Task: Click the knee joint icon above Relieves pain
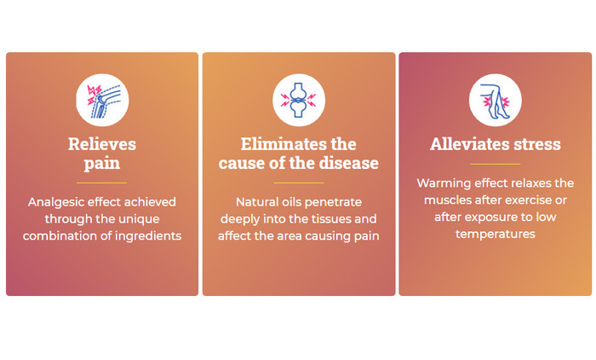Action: pos(102,100)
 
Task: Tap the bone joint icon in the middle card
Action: pos(299,100)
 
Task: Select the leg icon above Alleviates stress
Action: pos(496,100)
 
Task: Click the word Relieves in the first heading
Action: pos(102,144)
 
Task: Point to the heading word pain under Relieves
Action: pos(102,164)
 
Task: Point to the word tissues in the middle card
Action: pos(329,218)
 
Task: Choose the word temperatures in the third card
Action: pos(496,234)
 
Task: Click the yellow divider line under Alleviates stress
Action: pos(496,164)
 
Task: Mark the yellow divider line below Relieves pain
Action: pos(102,183)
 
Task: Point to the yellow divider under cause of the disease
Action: pos(299,183)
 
